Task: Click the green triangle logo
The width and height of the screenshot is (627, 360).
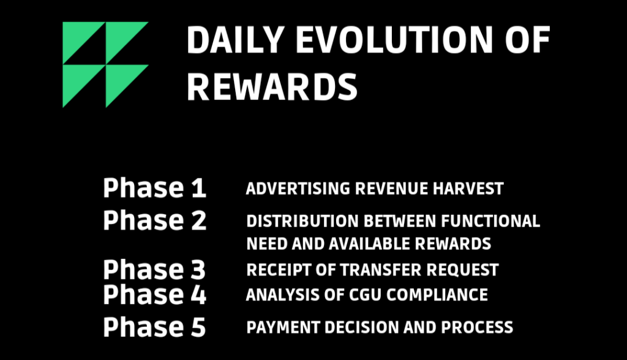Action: click(x=105, y=64)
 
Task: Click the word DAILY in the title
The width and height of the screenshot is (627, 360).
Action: click(x=236, y=40)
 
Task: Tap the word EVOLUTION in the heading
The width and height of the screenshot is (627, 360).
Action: click(x=394, y=40)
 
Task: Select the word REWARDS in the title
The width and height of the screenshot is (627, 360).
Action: click(x=272, y=86)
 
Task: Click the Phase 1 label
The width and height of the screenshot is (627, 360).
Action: click(x=154, y=187)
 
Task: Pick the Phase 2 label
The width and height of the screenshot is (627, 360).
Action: click(x=155, y=220)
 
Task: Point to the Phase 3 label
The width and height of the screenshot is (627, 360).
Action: click(x=154, y=269)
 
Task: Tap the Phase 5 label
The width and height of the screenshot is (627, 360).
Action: click(x=154, y=327)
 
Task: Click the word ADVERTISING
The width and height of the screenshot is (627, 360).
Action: click(x=298, y=189)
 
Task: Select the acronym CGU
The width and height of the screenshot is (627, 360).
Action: click(x=365, y=295)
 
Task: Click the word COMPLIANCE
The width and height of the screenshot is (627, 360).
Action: click(x=437, y=295)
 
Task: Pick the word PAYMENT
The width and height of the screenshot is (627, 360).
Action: click(x=283, y=327)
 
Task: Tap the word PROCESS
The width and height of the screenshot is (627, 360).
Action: click(x=477, y=327)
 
